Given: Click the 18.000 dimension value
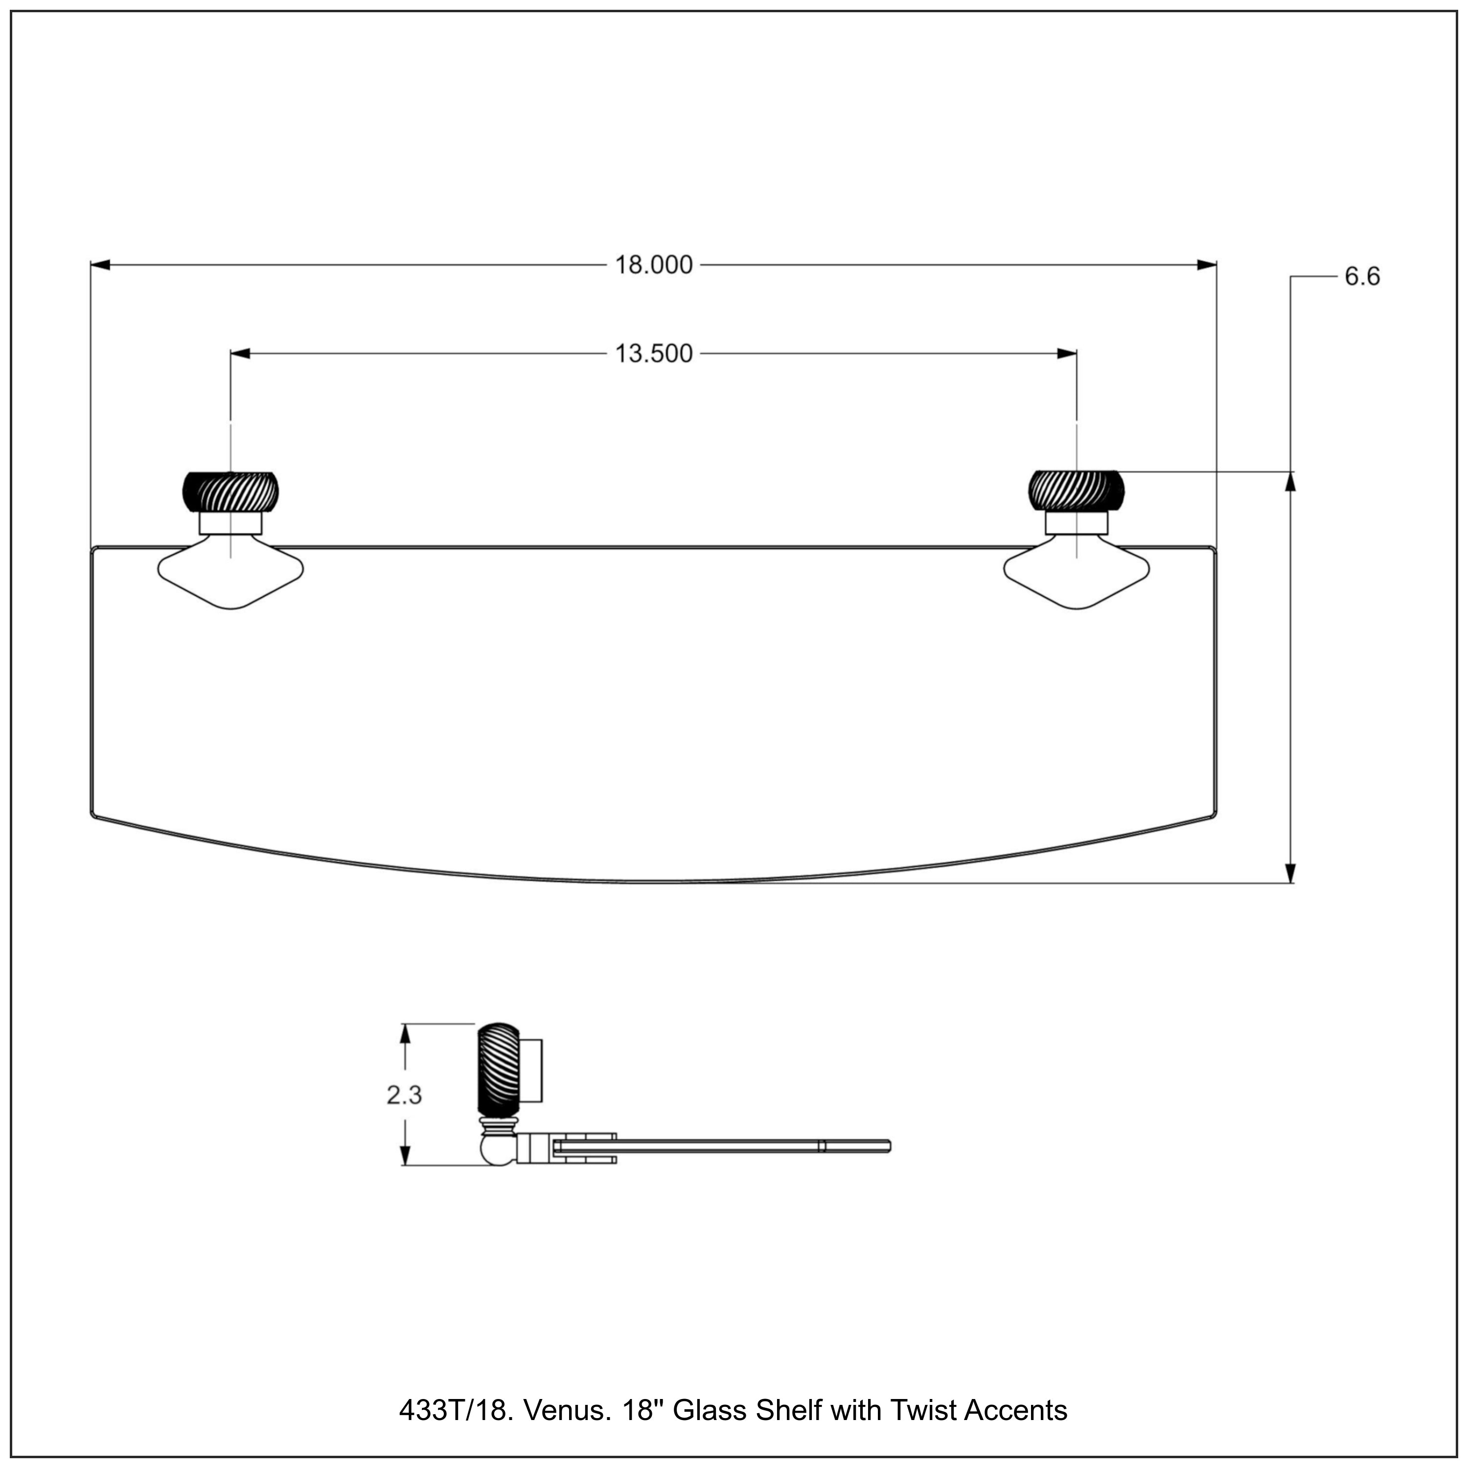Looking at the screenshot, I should pyautogui.click(x=653, y=265).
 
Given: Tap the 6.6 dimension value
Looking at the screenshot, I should pyautogui.click(x=1362, y=276).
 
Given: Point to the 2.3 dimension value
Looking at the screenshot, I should pyautogui.click(x=404, y=1095).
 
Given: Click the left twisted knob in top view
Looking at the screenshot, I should pyautogui.click(x=230, y=492).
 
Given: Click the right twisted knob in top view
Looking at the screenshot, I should pyautogui.click(x=1076, y=492).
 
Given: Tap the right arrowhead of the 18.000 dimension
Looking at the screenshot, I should pyautogui.click(x=1207, y=265).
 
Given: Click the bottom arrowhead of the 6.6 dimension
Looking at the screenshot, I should pyautogui.click(x=1290, y=873).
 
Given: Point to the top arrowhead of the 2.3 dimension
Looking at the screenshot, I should pyautogui.click(x=406, y=1035).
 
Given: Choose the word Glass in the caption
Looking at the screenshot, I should pyautogui.click(x=710, y=1410).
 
